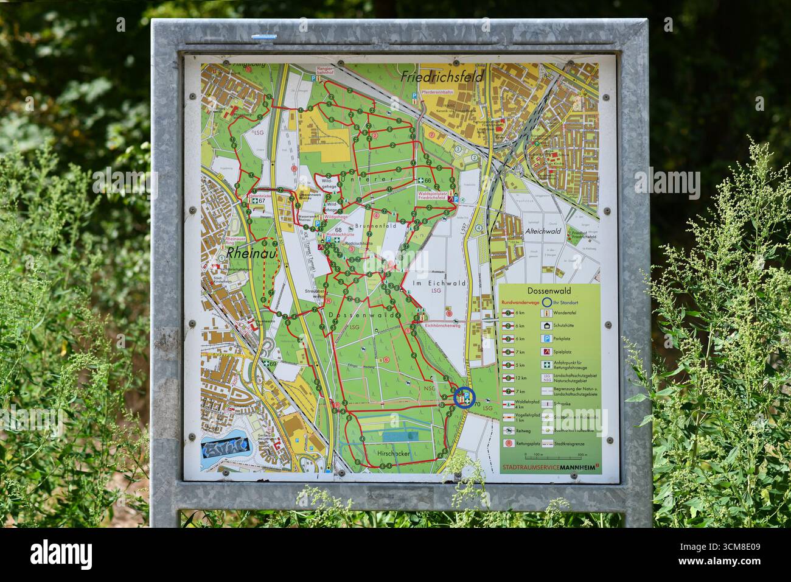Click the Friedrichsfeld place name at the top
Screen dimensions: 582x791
click(442, 77)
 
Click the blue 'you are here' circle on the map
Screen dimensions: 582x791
click(465, 398)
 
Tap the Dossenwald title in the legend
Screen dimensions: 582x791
click(549, 292)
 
